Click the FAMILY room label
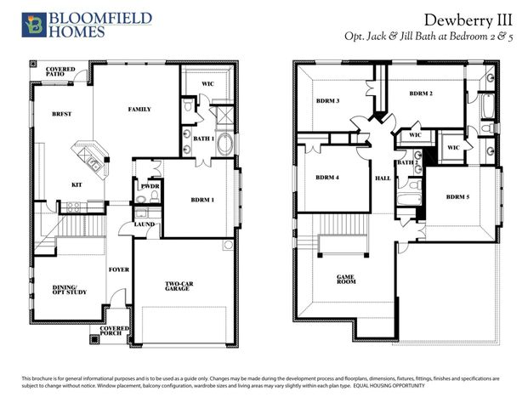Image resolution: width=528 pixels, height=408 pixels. coord(139,110)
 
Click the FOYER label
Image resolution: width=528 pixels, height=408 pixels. coord(118,269)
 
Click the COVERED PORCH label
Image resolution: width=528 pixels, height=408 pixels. coord(115,331)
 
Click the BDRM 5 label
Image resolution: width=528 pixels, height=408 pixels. coord(457,196)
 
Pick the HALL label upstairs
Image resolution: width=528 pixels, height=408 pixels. coord(383,178)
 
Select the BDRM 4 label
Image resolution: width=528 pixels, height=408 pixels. coord(327,178)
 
